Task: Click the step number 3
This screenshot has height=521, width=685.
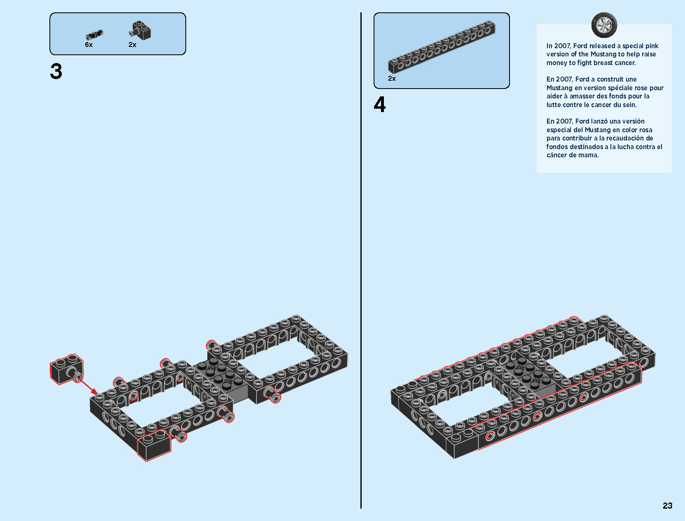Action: [x=56, y=72]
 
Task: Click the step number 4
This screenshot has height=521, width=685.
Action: [x=379, y=105]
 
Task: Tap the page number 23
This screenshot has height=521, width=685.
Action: [x=667, y=505]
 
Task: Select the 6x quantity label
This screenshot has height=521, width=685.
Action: [x=89, y=45]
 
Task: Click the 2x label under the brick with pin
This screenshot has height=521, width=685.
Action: [x=132, y=45]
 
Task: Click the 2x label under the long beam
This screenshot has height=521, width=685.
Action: [x=392, y=79]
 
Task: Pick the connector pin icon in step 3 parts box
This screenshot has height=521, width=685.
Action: [x=94, y=35]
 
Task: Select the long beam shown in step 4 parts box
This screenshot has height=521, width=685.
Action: [x=442, y=47]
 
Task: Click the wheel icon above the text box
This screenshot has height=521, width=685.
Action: [x=604, y=25]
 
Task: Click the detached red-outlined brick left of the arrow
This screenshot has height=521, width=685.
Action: [x=66, y=369]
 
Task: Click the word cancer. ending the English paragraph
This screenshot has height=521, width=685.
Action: [x=625, y=63]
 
